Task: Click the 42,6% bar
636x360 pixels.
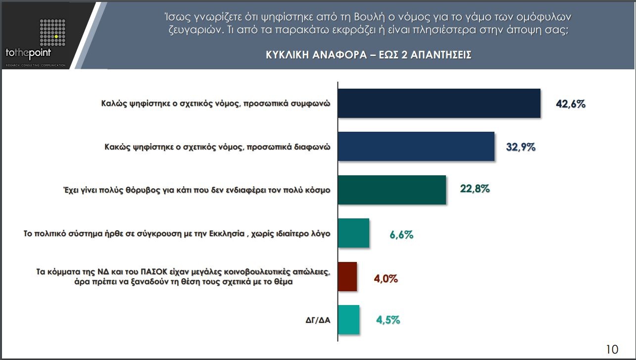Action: [x=439, y=103]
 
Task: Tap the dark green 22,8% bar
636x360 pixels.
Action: [x=391, y=190]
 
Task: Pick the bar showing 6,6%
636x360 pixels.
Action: [x=353, y=233]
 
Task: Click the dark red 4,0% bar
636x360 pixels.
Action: [x=347, y=276]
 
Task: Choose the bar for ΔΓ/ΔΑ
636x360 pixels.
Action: [x=348, y=319]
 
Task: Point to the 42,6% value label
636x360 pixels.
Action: [x=571, y=104]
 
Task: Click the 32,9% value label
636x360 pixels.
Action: [x=521, y=147]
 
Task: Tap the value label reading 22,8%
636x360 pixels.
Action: [x=475, y=189]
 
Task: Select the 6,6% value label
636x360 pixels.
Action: [x=401, y=235]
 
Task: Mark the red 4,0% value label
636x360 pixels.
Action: [x=386, y=278]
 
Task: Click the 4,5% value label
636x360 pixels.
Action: [x=388, y=320]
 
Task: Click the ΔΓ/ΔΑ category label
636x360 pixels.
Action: [x=318, y=320]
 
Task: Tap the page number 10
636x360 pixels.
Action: [x=612, y=349]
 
